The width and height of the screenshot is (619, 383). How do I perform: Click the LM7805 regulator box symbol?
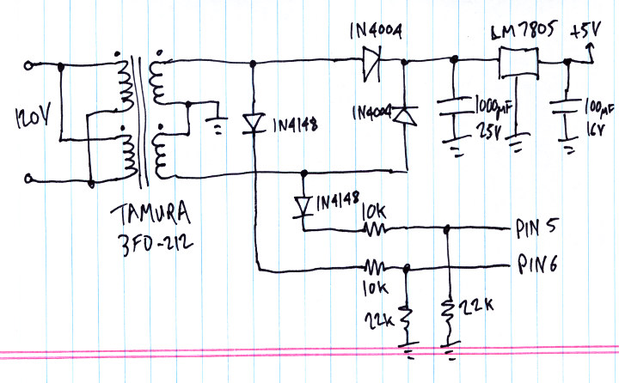tap(518, 63)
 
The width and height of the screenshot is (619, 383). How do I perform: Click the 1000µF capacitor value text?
tap(492, 106)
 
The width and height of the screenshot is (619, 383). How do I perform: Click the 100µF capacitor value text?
tap(598, 108)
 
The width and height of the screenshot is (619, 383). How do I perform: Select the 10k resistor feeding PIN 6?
tap(374, 266)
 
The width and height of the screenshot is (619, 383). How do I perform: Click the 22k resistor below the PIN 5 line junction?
tap(447, 309)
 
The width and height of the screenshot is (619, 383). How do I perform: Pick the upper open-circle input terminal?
tap(32, 64)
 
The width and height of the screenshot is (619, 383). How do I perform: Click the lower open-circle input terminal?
tap(31, 179)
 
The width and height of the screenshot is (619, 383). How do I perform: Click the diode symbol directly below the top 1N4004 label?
tap(373, 62)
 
